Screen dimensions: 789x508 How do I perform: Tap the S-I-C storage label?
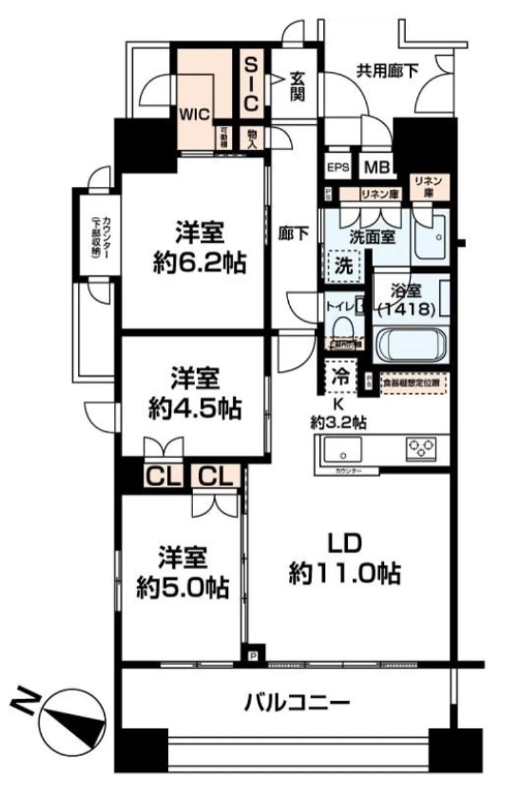tap(251, 84)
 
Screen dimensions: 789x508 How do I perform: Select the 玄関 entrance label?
tap(297, 86)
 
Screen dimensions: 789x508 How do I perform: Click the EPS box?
tap(338, 168)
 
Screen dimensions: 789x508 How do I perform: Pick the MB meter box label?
tap(377, 168)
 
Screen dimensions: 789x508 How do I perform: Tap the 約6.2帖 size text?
tap(200, 262)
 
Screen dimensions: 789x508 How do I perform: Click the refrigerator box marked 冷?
tap(340, 377)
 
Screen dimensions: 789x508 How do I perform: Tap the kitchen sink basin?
tap(343, 450)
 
